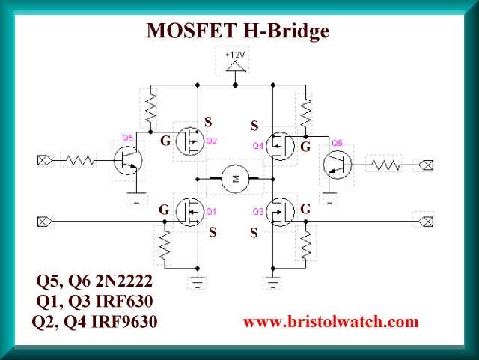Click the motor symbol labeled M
coord(236,178)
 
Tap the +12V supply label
coord(237,55)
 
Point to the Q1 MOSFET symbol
coord(190,212)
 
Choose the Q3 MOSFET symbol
coord(281,212)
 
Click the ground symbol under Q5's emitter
coord(137,197)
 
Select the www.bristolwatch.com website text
coord(331,322)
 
